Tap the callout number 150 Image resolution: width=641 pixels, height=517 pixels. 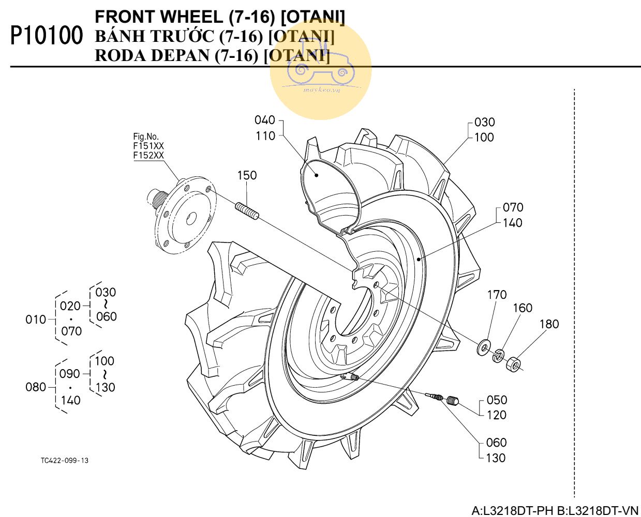point(247,175)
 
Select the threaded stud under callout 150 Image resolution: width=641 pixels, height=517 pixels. point(248,211)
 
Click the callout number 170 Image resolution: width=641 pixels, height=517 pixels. point(497,295)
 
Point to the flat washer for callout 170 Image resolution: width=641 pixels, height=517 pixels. point(484,347)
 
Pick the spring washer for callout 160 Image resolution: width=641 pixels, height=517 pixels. point(499,355)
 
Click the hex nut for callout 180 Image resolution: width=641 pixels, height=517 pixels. point(514,363)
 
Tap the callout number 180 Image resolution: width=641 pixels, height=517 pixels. point(549,324)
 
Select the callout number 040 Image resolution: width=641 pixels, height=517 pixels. point(264,120)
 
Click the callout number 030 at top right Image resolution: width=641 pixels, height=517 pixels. point(484,123)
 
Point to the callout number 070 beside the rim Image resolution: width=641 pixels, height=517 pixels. point(513,207)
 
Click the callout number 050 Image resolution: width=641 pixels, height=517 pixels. point(497,400)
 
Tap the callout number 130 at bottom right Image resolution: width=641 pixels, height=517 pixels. point(496,458)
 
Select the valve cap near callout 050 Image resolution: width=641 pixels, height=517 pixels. point(453,400)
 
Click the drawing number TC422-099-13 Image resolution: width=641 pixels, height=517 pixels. point(65,461)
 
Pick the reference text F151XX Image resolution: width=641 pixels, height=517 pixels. point(148,146)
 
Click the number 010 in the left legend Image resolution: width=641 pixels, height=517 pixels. point(36,320)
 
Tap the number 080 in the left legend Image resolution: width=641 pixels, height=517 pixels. point(36,387)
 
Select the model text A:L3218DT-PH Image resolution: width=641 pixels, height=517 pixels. point(512,511)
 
